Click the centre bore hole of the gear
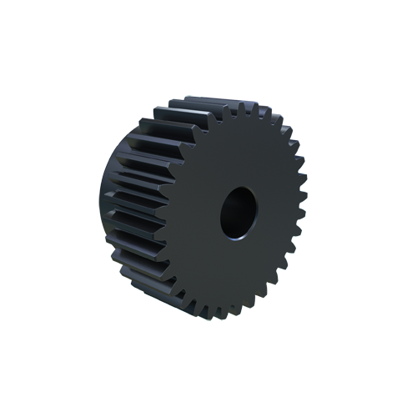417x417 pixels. click(239, 212)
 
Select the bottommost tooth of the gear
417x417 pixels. click(228, 315)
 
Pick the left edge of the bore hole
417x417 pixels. click(222, 215)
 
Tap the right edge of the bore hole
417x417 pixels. click(255, 208)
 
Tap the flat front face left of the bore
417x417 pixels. click(196, 217)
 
